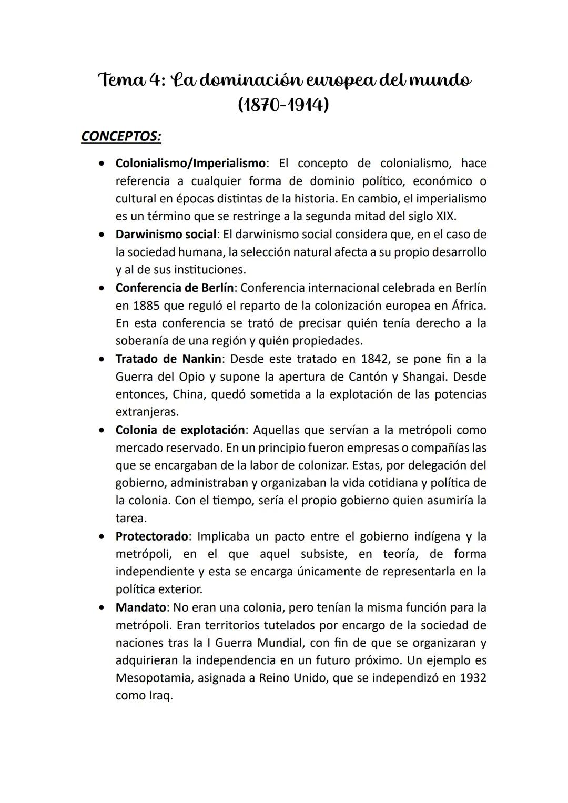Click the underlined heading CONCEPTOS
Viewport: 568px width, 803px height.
click(x=121, y=136)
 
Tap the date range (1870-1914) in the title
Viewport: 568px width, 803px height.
click(x=283, y=105)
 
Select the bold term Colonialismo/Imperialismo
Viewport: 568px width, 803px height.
click(x=190, y=164)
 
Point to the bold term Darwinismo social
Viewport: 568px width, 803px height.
click(x=166, y=234)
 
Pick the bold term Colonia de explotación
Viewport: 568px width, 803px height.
click(x=180, y=430)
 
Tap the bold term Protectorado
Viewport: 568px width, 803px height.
click(x=151, y=536)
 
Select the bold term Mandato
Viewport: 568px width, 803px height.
click(x=140, y=607)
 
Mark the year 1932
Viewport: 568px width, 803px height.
click(x=473, y=678)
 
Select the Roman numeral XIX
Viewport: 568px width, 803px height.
click(x=447, y=217)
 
